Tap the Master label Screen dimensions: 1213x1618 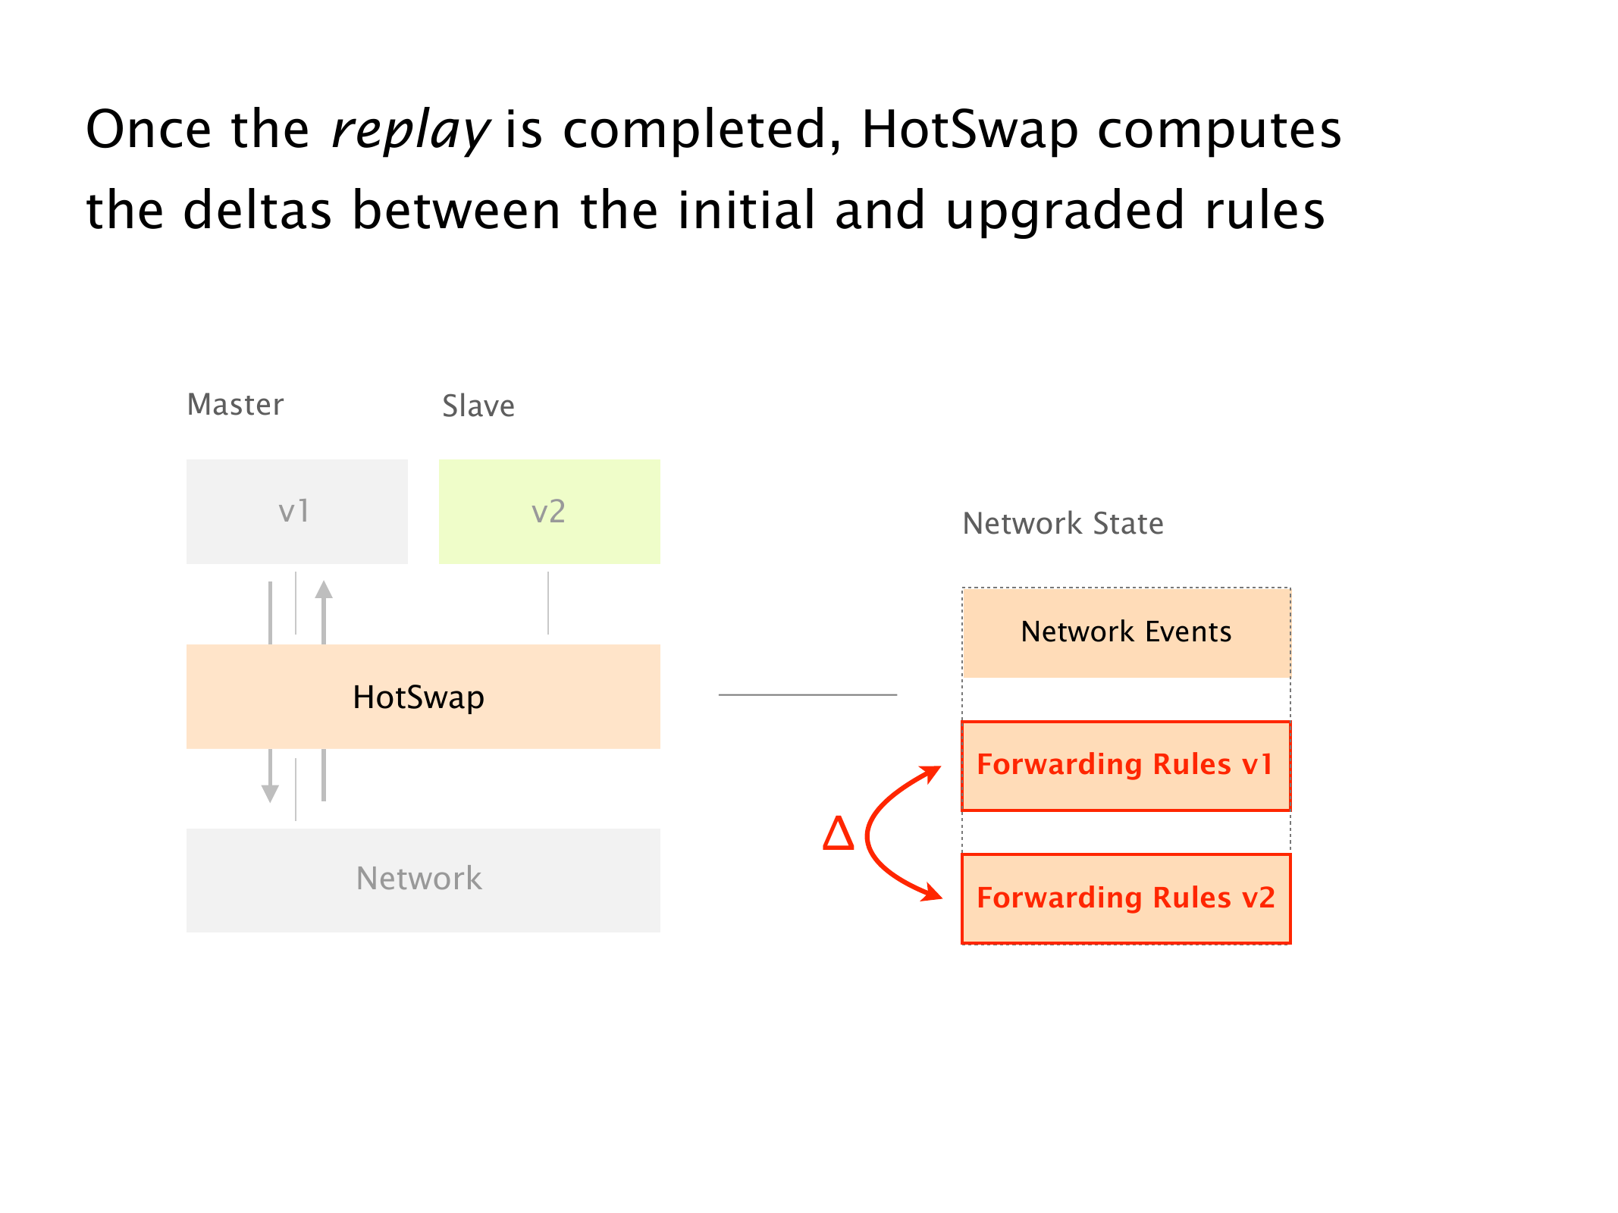click(x=235, y=405)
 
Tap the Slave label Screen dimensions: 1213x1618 click(x=478, y=406)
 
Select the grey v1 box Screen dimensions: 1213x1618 click(x=296, y=512)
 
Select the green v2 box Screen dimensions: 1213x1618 click(x=549, y=512)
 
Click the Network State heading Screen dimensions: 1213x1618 click(x=1063, y=524)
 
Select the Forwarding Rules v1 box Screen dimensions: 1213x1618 click(x=1126, y=766)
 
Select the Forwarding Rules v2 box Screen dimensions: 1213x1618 click(x=1126, y=899)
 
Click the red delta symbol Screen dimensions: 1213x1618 click(x=839, y=833)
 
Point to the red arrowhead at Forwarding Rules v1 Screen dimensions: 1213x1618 click(x=930, y=774)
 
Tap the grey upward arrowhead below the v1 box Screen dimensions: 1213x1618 click(x=324, y=590)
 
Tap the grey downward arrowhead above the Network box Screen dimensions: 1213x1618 click(x=270, y=793)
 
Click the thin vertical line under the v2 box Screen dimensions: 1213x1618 click(x=548, y=603)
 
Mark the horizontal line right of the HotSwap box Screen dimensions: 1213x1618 click(x=807, y=694)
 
